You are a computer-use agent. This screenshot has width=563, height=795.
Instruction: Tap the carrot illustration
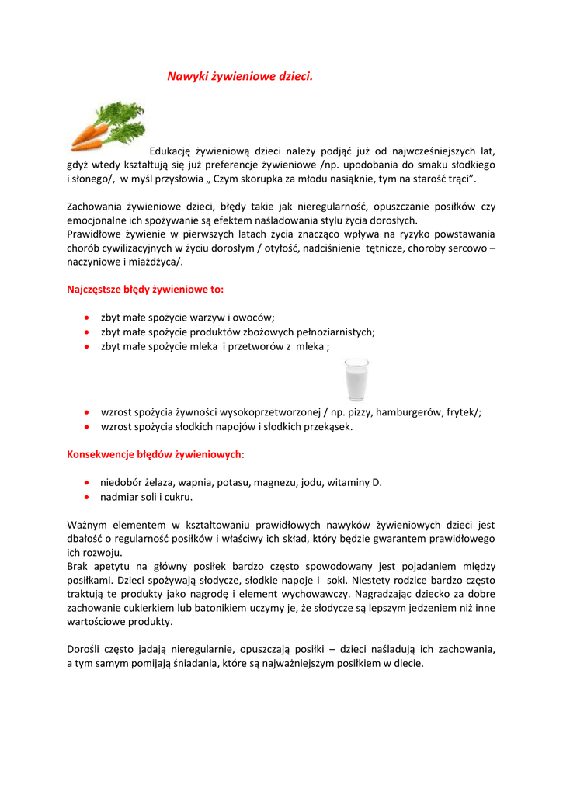coord(106,126)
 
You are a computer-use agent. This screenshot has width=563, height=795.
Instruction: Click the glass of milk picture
coord(356,380)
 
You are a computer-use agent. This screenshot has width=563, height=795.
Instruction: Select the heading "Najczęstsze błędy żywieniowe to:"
coord(145,290)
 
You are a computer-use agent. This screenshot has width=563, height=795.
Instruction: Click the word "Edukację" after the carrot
coord(170,151)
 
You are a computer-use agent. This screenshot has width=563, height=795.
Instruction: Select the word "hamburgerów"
coord(405,413)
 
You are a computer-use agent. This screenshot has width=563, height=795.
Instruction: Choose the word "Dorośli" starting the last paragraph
coord(85,649)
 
